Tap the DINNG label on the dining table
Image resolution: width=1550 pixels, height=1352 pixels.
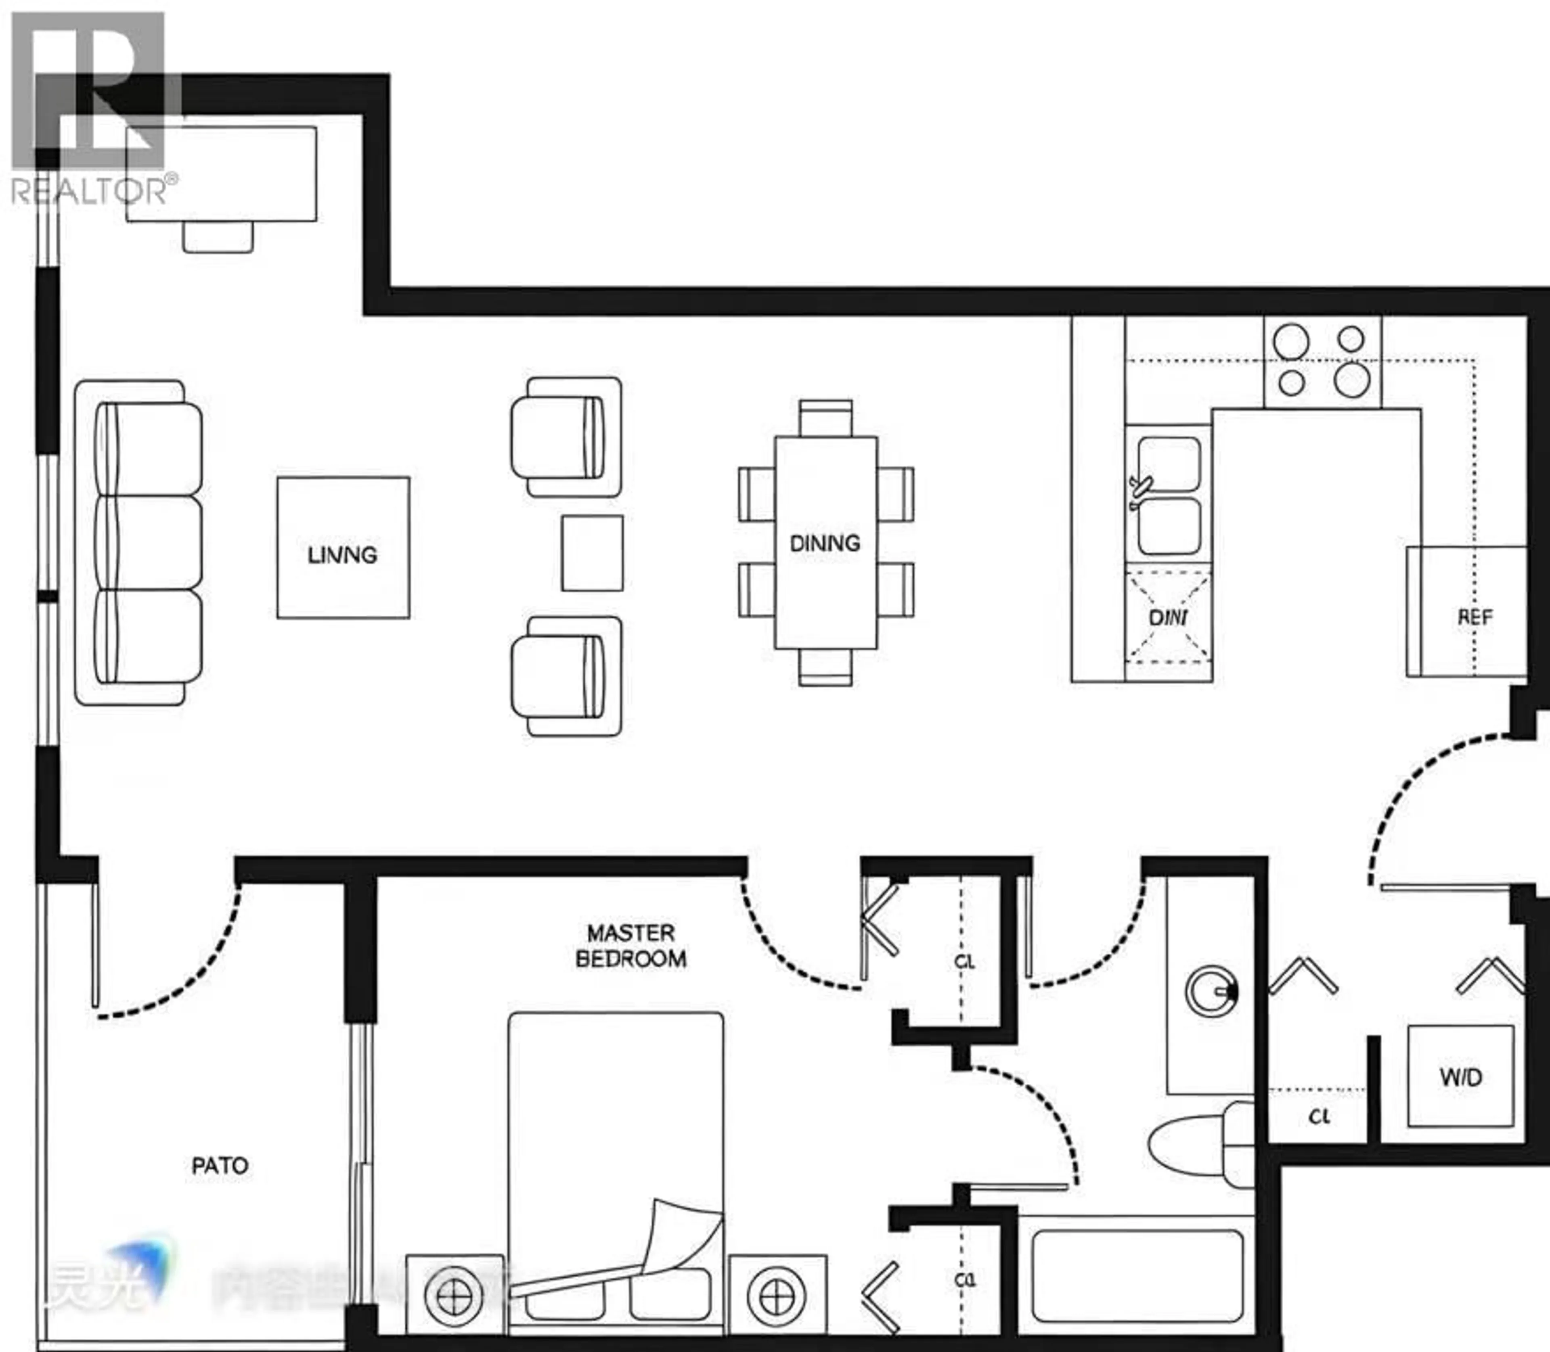[x=825, y=543]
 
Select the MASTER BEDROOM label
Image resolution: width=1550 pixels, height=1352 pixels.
[x=631, y=945]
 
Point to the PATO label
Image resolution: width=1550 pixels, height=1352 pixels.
[x=220, y=1166]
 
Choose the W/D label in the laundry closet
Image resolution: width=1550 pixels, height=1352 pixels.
[x=1461, y=1077]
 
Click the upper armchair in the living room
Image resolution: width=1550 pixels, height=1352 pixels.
[x=562, y=438]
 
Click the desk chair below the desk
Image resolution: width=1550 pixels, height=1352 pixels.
[x=218, y=237]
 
